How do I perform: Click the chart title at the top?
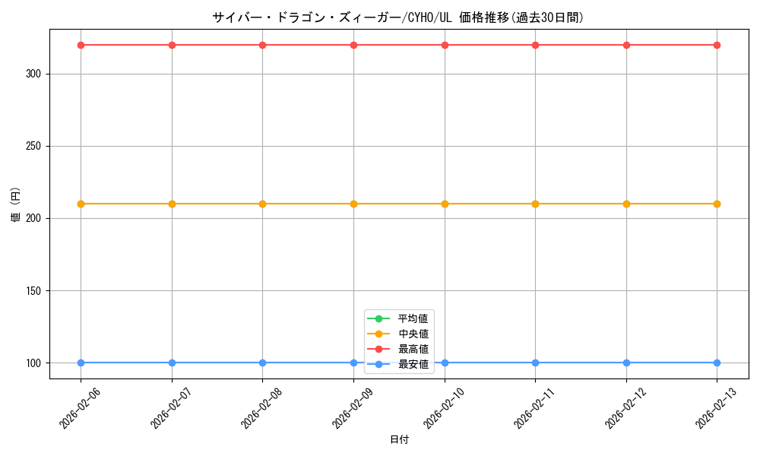pyautogui.click(x=398, y=17)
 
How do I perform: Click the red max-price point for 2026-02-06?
pyautogui.click(x=81, y=45)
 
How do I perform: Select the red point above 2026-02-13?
pyautogui.click(x=717, y=45)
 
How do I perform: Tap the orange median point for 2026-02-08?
pyautogui.click(x=262, y=204)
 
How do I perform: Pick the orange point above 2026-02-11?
pyautogui.click(x=535, y=204)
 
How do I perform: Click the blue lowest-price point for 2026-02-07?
pyautogui.click(x=172, y=363)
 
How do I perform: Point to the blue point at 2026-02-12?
pyautogui.click(x=626, y=363)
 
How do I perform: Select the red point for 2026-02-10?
pyautogui.click(x=445, y=45)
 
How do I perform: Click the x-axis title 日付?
pyautogui.click(x=399, y=439)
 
